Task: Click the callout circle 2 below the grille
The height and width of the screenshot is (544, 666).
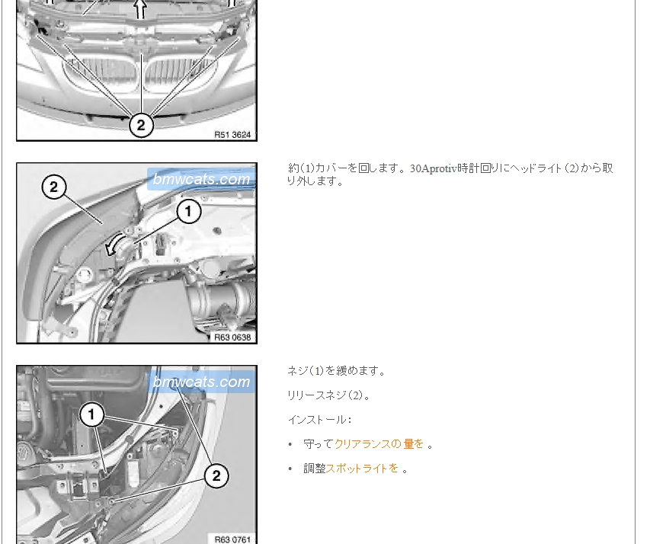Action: point(140,125)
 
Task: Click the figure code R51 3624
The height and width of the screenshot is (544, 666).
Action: point(232,135)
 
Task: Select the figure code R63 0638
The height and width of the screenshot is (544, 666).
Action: point(232,338)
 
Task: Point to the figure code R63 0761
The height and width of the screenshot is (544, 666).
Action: point(232,539)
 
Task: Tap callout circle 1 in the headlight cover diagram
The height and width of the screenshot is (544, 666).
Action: point(188,211)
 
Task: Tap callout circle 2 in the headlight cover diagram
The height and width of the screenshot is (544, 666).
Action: point(54,187)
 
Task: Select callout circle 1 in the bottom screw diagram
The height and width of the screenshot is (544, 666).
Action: point(91,415)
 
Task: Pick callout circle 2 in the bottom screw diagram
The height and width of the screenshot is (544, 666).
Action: point(216,475)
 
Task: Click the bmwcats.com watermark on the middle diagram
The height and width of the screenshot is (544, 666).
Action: point(201,179)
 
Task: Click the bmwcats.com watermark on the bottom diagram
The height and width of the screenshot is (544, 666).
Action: point(201,382)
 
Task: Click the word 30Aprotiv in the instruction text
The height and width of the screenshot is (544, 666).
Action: point(434,168)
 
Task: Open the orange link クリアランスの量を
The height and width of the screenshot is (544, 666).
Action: point(379,444)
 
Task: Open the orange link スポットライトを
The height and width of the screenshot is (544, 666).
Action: point(362,469)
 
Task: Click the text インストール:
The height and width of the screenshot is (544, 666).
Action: point(320,420)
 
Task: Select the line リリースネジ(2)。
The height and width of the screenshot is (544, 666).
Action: point(329,395)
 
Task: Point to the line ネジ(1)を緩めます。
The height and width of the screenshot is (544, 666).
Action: point(336,371)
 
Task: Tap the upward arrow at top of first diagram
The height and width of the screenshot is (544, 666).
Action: point(140,9)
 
